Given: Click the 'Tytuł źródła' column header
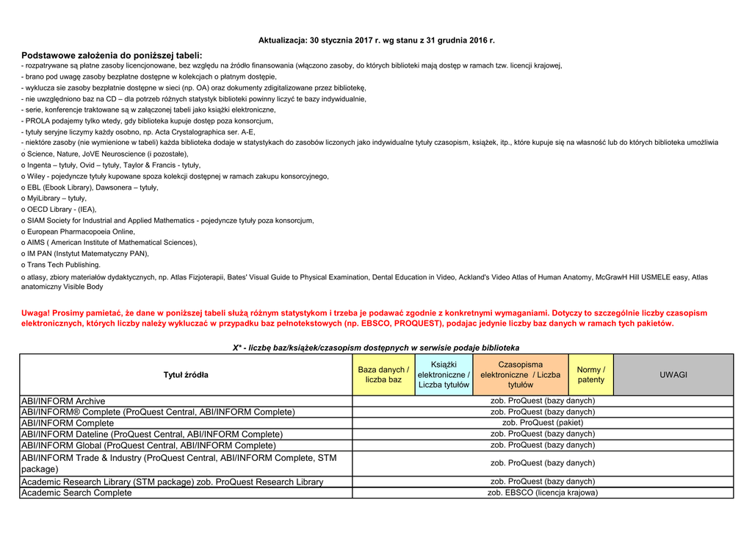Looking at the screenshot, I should tap(185, 375).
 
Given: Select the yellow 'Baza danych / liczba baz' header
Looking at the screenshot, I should tap(383, 375).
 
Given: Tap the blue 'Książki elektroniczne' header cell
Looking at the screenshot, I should tap(444, 375).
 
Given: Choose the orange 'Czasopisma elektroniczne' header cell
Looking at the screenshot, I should tap(520, 375).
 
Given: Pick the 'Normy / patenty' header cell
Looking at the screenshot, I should tap(590, 375).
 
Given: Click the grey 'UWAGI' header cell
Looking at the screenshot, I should tap(673, 375).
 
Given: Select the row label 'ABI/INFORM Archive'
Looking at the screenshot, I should tap(63, 401).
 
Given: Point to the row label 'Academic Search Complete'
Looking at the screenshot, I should tap(76, 493).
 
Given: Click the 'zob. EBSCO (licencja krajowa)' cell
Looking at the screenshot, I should tap(543, 493).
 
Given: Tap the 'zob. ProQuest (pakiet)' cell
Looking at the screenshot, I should tap(543, 423).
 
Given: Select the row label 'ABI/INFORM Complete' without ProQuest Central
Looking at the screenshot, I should tap(68, 423).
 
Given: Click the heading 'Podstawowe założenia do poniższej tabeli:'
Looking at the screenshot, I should tap(112, 55).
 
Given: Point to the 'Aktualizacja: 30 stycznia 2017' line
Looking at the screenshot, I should tap(376, 40).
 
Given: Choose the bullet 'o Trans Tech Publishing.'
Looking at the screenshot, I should tap(61, 265).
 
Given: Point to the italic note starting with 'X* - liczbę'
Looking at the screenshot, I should tap(375, 347).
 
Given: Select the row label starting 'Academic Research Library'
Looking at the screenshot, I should tap(172, 482).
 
